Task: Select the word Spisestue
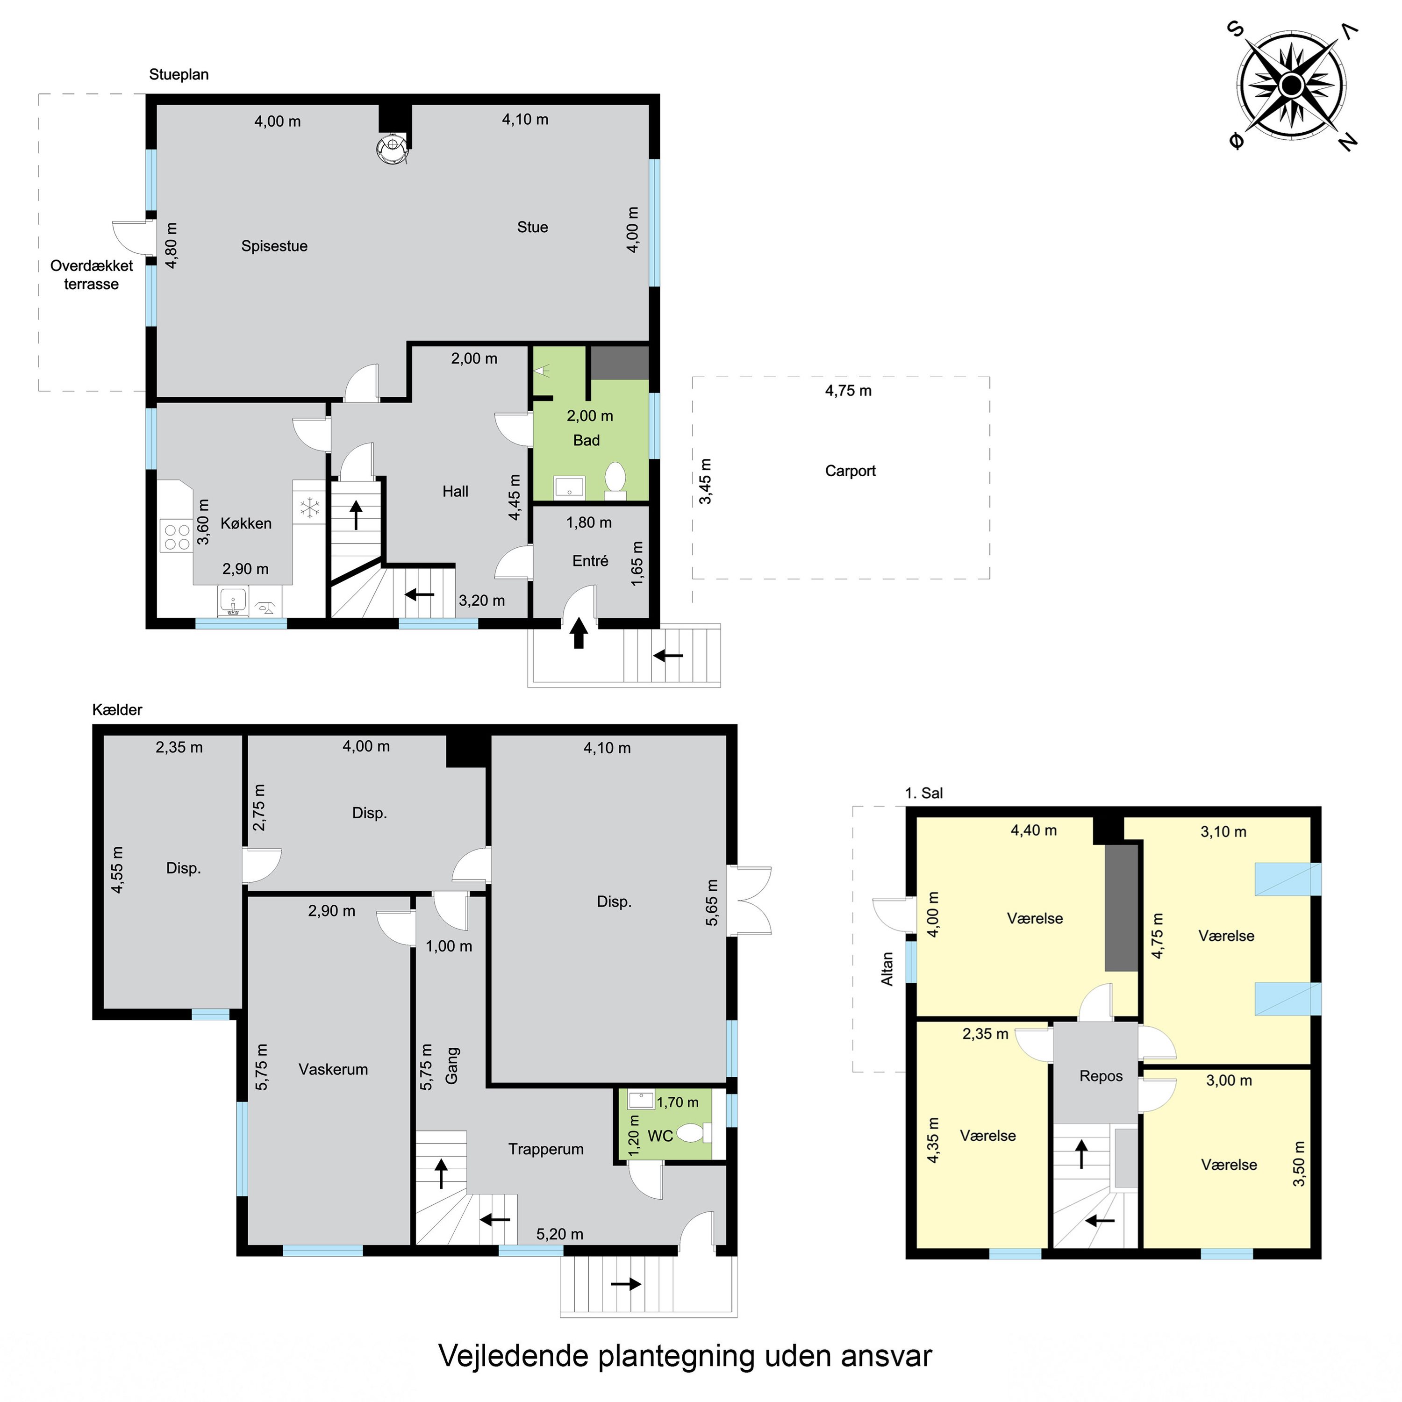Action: click(274, 246)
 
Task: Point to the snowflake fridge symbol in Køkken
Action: click(310, 508)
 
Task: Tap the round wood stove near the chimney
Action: click(391, 149)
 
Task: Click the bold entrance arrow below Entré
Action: click(579, 633)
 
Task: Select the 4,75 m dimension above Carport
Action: click(848, 390)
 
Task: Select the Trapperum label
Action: click(546, 1149)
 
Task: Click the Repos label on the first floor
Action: click(1101, 1076)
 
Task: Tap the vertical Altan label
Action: click(887, 969)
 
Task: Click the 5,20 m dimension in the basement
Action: click(559, 1234)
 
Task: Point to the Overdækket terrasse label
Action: click(92, 275)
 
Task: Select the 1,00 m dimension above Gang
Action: click(449, 946)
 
